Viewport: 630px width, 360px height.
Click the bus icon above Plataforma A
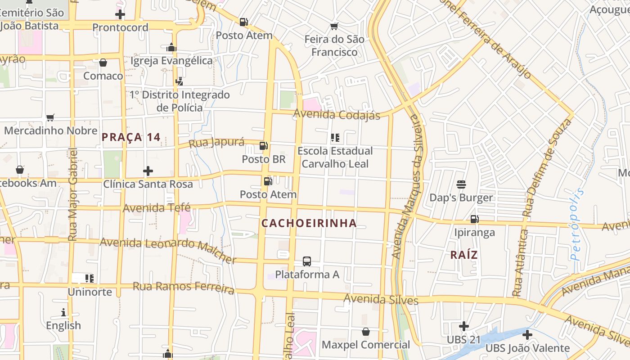306,261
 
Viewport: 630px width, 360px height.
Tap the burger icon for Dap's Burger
461,184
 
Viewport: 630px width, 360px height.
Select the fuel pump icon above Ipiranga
474,219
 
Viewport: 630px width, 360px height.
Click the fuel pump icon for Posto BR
264,146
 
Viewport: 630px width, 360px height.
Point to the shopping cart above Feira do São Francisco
334,26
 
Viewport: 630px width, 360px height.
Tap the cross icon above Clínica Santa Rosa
148,171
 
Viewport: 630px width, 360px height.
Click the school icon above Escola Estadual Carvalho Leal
335,137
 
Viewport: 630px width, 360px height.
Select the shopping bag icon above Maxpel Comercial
366,332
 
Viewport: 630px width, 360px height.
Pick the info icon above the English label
63,312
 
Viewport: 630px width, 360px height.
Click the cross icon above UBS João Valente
527,335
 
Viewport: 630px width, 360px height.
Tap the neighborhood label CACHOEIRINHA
309,223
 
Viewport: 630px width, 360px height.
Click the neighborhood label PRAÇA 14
131,137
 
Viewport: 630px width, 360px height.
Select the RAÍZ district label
464,255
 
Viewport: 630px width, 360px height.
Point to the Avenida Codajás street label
337,114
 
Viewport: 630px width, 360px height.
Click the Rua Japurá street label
216,143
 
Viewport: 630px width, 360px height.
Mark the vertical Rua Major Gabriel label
73,194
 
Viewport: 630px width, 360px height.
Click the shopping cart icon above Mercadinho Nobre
50,117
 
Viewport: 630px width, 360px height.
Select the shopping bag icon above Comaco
103,63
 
